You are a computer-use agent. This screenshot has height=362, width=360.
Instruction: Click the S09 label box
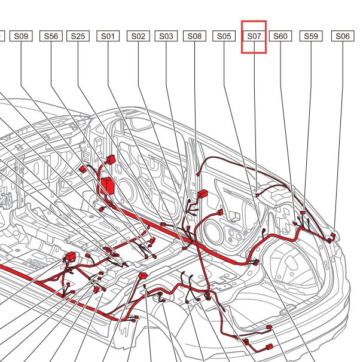[x=21, y=36]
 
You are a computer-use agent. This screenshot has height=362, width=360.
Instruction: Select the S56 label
[x=51, y=36]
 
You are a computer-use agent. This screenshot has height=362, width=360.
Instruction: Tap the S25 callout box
[x=78, y=36]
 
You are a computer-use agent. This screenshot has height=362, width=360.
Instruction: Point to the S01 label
[x=108, y=36]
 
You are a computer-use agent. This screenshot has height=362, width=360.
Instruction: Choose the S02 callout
[x=138, y=36]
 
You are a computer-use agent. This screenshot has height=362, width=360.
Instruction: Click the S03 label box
[x=166, y=36]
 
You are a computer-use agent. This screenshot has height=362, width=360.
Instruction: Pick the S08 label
[x=194, y=36]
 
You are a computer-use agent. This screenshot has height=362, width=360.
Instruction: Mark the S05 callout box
[x=224, y=36]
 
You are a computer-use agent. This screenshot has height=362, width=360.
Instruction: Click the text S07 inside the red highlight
[x=254, y=36]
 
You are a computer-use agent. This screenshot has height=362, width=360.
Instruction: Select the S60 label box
[x=280, y=36]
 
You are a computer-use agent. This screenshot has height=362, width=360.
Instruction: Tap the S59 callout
[x=311, y=36]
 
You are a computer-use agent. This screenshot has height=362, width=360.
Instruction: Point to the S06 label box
[x=343, y=36]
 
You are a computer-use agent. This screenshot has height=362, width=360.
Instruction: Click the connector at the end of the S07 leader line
[x=257, y=195]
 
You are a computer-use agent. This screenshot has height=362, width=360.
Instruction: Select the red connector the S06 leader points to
[x=333, y=235]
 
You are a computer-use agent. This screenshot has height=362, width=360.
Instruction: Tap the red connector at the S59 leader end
[x=303, y=212]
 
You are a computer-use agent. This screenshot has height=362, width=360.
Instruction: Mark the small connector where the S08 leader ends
[x=197, y=174]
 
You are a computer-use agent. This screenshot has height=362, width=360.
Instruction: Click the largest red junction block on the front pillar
[x=108, y=186]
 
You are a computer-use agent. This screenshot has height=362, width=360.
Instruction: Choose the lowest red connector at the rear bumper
[x=270, y=346]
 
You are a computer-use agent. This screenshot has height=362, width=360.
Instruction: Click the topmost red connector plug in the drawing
[x=111, y=159]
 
